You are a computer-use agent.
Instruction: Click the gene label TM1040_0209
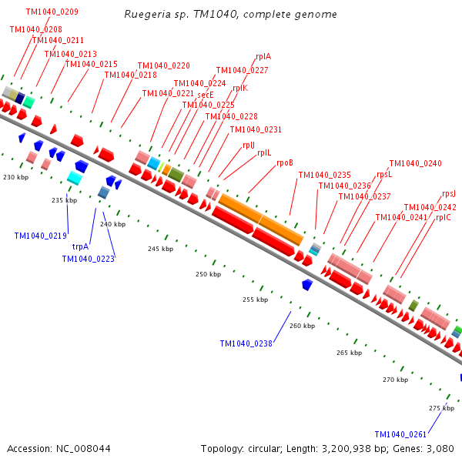click(52, 12)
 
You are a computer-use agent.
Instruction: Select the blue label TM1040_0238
click(246, 343)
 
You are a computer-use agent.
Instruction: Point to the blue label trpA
click(81, 246)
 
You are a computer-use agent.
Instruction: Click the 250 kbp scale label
click(208, 274)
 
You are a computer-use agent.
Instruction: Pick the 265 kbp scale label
click(349, 353)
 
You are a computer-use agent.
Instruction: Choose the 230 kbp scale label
click(15, 177)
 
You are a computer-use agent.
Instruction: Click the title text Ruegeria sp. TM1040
click(230, 15)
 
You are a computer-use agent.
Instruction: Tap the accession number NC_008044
click(59, 448)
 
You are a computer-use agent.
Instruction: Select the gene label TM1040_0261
click(400, 434)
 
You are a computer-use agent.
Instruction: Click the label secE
click(206, 95)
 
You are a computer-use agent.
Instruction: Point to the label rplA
click(263, 56)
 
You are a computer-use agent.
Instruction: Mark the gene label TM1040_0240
click(415, 163)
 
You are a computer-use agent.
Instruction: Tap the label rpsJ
click(449, 193)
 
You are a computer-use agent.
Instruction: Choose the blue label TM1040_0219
click(40, 236)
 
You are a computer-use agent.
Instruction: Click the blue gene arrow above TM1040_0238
click(306, 284)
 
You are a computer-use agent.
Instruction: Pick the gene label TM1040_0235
click(324, 175)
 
